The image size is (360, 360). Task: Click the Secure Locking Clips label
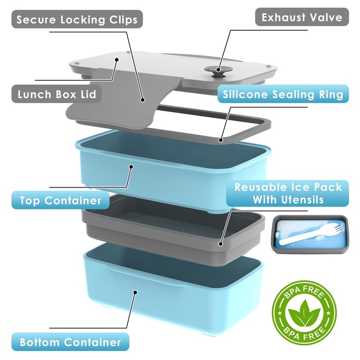point(77,20)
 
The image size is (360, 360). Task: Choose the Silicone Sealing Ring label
point(283,94)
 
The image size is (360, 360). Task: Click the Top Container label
point(60,200)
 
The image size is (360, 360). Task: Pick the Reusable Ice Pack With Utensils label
point(288,193)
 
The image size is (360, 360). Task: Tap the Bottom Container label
point(70,342)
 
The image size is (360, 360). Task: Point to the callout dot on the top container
point(131,166)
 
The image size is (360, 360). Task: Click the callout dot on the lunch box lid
point(117,59)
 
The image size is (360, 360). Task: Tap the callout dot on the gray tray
point(220,243)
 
